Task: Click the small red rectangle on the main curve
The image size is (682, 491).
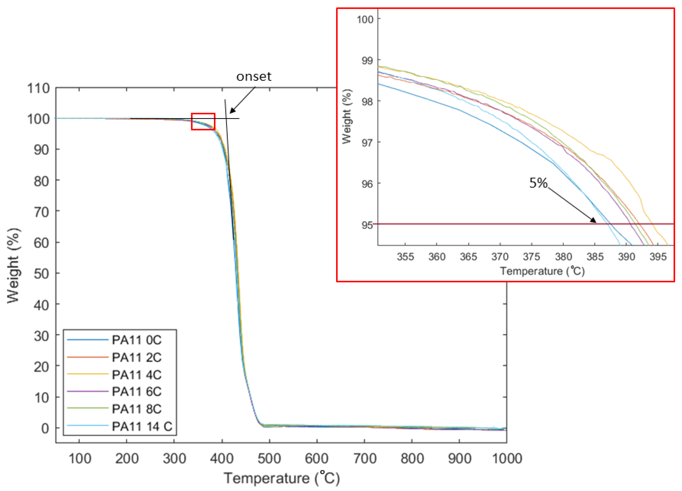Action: pyautogui.click(x=203, y=122)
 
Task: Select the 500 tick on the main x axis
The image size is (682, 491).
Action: pyautogui.click(x=269, y=459)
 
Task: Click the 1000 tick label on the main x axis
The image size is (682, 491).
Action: pyautogui.click(x=507, y=459)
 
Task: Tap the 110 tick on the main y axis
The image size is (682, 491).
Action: pyautogui.click(x=38, y=88)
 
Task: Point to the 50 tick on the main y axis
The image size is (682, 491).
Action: pyautogui.click(x=41, y=273)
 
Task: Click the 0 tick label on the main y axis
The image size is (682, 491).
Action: pyautogui.click(x=45, y=428)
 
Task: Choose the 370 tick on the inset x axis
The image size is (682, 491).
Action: pyautogui.click(x=500, y=257)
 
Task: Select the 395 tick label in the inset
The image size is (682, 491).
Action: pyautogui.click(x=658, y=257)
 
